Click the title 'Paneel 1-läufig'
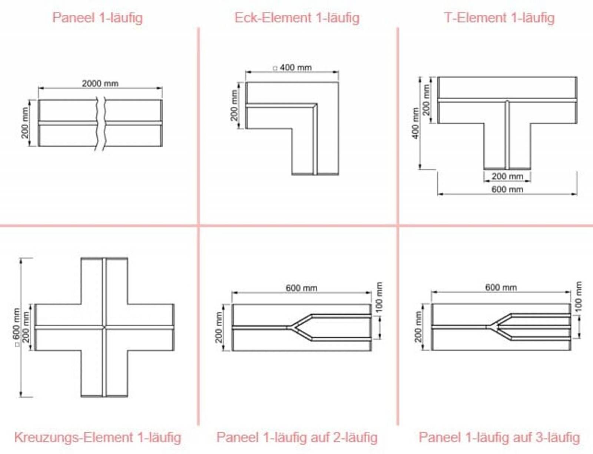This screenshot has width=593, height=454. (97, 18)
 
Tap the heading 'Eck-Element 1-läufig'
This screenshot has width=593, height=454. (297, 18)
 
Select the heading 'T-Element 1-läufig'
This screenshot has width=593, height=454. (499, 18)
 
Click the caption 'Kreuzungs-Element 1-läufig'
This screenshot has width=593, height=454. (97, 437)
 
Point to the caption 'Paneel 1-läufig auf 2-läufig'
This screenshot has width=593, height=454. (297, 437)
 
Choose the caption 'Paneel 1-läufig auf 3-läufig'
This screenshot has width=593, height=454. (499, 437)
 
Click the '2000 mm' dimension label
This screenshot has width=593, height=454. (100, 83)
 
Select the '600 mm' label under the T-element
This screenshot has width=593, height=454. (507, 189)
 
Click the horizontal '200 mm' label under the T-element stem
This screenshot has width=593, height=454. (507, 176)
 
